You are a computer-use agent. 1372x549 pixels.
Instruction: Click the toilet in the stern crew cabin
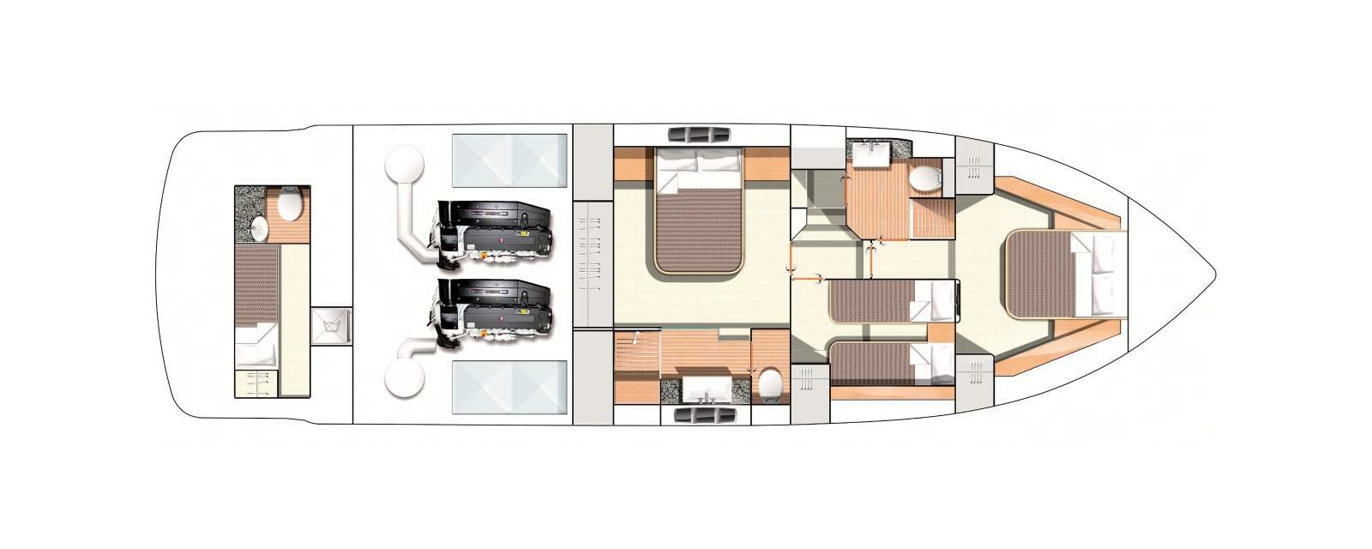tap(289, 204)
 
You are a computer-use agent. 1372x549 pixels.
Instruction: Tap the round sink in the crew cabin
tap(261, 226)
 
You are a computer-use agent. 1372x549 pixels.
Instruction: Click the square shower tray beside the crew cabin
tap(332, 326)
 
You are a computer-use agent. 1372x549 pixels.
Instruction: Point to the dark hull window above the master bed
tap(698, 135)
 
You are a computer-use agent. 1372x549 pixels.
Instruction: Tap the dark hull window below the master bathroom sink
tap(698, 416)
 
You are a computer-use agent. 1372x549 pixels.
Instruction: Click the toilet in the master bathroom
tap(769, 383)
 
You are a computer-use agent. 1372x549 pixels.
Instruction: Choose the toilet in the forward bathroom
tap(926, 178)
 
